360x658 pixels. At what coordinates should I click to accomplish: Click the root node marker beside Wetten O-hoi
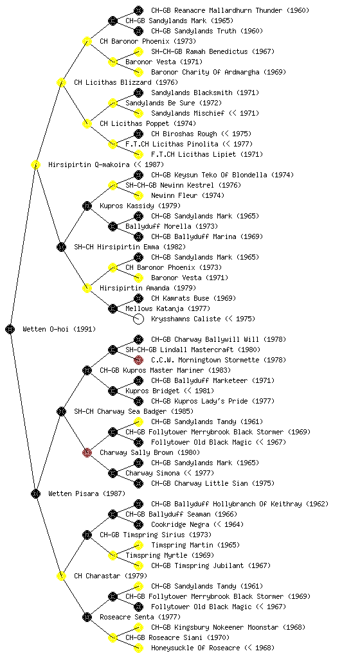(10, 329)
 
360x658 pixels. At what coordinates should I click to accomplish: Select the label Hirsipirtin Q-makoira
(89, 164)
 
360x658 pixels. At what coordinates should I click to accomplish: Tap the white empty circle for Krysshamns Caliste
(138, 319)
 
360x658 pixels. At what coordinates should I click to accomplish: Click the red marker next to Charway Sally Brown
(87, 452)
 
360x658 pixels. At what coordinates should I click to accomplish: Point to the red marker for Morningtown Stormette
(138, 360)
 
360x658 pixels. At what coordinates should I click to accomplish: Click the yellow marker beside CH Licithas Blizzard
(61, 82)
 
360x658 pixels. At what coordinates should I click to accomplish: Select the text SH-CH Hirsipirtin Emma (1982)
(130, 247)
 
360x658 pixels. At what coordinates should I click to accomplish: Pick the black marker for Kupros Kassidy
(87, 206)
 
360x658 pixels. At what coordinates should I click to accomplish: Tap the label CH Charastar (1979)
(111, 576)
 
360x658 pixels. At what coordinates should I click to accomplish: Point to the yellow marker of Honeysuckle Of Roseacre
(138, 648)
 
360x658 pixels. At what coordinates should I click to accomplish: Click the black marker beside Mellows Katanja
(113, 308)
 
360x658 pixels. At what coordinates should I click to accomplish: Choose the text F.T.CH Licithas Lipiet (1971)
(207, 154)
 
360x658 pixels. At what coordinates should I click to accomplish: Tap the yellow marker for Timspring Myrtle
(113, 555)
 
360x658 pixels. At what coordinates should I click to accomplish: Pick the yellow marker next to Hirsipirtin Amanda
(87, 288)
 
